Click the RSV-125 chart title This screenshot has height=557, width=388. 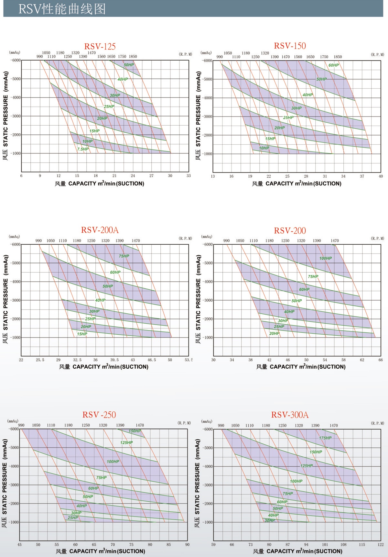pyautogui.click(x=100, y=47)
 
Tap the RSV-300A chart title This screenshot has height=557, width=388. pyautogui.click(x=290, y=415)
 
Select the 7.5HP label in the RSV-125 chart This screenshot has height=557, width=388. pyautogui.click(x=83, y=149)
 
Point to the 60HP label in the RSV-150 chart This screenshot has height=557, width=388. pyautogui.click(x=334, y=65)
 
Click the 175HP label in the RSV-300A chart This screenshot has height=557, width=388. pyautogui.click(x=325, y=438)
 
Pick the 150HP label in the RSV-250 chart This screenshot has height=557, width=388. pyautogui.click(x=135, y=431)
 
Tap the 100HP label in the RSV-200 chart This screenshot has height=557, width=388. pyautogui.click(x=326, y=258)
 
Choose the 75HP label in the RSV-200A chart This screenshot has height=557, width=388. pyautogui.click(x=124, y=256)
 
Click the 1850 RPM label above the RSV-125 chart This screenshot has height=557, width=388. pyautogui.click(x=133, y=57)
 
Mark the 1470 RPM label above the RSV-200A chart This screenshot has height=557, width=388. pyautogui.click(x=136, y=241)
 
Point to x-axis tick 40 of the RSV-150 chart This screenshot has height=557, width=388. pyautogui.click(x=381, y=176)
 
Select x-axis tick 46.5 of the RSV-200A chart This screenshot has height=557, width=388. pyautogui.click(x=152, y=360)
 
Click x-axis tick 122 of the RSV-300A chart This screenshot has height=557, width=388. pyautogui.click(x=381, y=545)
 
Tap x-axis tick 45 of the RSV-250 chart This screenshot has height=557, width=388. pyautogui.click(x=20, y=545)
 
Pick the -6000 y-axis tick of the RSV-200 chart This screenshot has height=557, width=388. pyautogui.click(x=208, y=245)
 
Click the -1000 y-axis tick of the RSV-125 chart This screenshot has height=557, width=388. pyautogui.click(x=16, y=153)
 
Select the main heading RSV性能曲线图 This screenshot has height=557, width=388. pyautogui.click(x=62, y=9)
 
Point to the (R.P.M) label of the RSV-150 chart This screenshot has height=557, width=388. pyautogui.click(x=377, y=55)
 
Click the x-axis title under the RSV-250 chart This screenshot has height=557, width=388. pyautogui.click(x=100, y=551)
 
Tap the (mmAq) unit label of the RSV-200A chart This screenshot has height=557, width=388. pyautogui.click(x=14, y=237)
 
